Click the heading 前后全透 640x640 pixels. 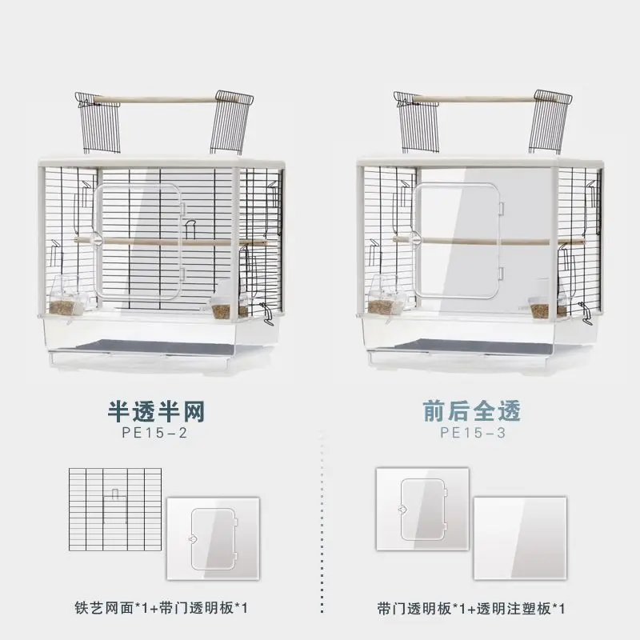(x=472, y=410)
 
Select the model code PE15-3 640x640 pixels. (x=472, y=433)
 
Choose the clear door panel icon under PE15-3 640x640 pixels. (x=422, y=510)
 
